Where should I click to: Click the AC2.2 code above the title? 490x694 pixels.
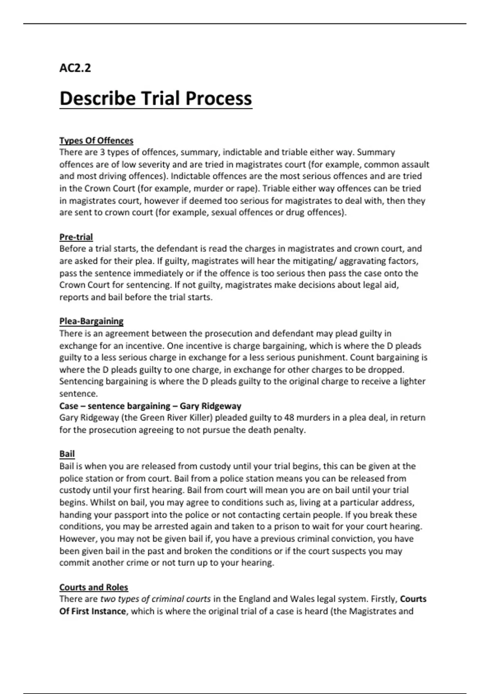coord(75,68)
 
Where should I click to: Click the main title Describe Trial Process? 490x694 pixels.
coord(156,98)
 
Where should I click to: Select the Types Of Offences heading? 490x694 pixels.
coord(96,140)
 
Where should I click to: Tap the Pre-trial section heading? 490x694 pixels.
coord(76,237)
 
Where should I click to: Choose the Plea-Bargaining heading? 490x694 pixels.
coord(91,321)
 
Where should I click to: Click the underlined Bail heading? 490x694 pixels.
coord(67,454)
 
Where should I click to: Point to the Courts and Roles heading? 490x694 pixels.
coord(94,587)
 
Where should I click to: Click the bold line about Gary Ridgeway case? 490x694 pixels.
coord(150,406)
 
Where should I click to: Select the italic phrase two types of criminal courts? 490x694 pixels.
coord(156,599)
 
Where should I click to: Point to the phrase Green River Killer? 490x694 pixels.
coord(175,418)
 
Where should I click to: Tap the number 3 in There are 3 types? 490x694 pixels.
coord(102,152)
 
